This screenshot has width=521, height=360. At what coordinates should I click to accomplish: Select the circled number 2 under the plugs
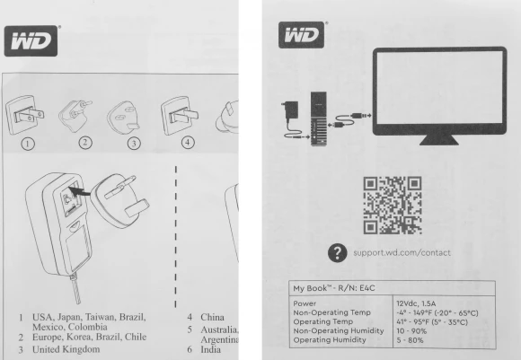pyautogui.click(x=85, y=141)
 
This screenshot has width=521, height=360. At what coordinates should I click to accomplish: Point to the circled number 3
pyautogui.click(x=134, y=141)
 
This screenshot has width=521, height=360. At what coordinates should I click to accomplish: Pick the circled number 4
pyautogui.click(x=187, y=141)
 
